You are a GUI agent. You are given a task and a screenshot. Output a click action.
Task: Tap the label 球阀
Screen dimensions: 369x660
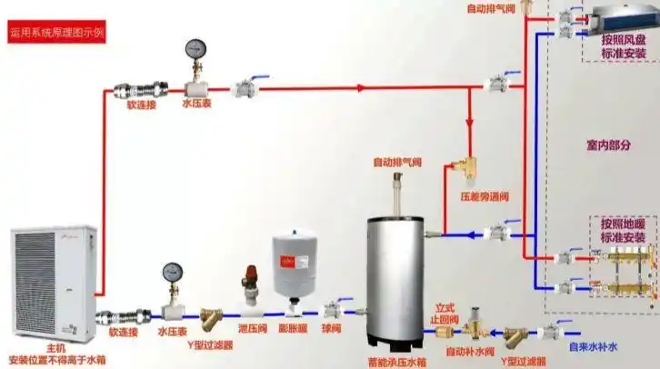(x=331, y=329)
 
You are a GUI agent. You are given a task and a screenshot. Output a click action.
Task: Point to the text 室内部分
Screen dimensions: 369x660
(x=605, y=145)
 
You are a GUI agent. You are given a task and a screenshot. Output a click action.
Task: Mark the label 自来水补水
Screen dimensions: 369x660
(x=593, y=346)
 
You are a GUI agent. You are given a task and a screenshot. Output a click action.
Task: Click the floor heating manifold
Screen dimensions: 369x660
(x=622, y=270)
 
